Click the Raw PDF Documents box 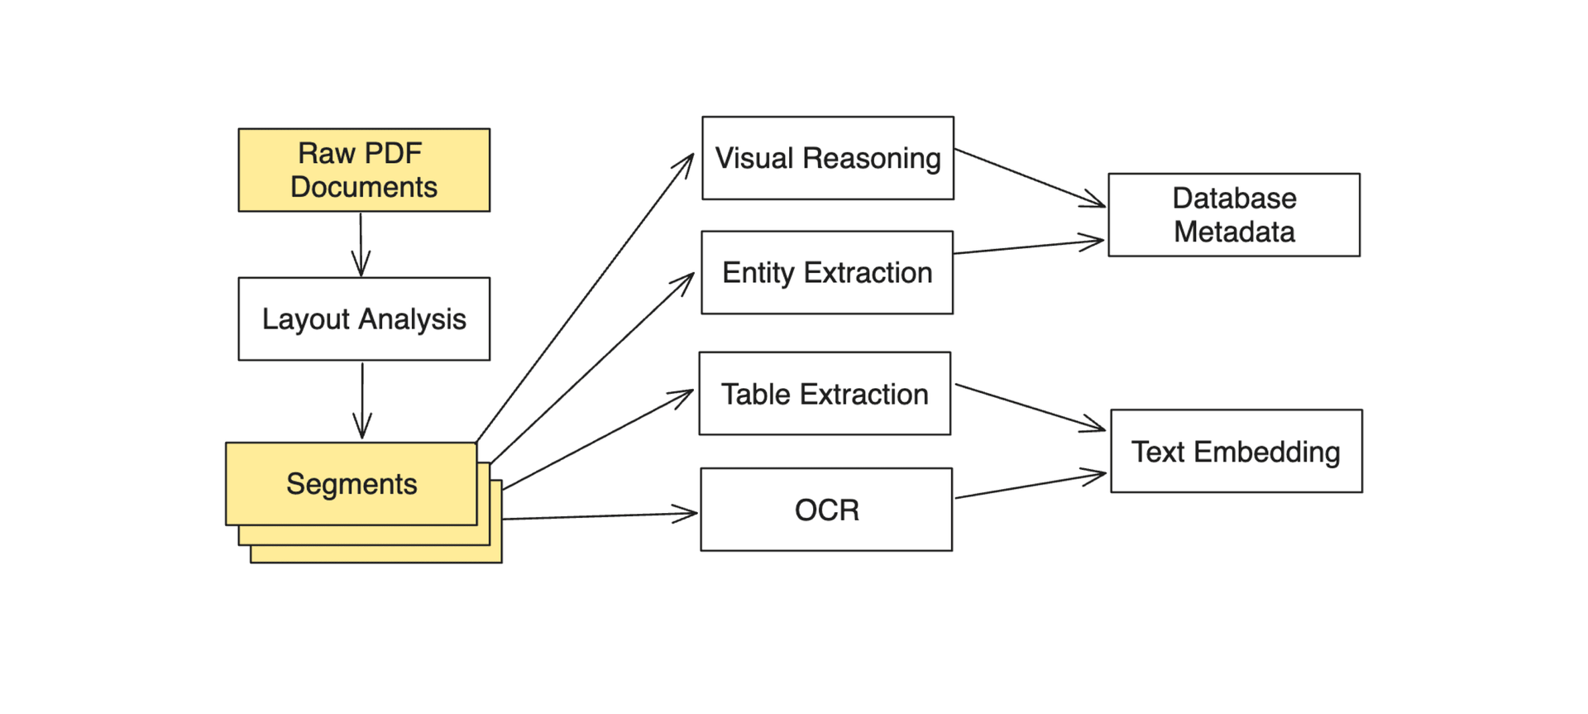coord(364,170)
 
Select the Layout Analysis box coord(364,319)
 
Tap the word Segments coord(352,484)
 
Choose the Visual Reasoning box coord(828,158)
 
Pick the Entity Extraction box coord(827,272)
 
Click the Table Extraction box coord(825,394)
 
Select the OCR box coord(826,510)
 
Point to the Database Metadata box coord(1234,215)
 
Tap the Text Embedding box coord(1236,451)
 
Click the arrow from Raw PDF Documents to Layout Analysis coord(361,244)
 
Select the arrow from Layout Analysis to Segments coord(362,400)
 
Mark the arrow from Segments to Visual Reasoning coord(586,297)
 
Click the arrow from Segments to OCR coord(600,515)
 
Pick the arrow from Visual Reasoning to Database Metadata coord(1030,178)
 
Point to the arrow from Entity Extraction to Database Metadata coord(1028,247)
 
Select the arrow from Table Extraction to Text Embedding coord(1031,408)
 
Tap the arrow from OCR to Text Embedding coord(1031,486)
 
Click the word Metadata coord(1234,232)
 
